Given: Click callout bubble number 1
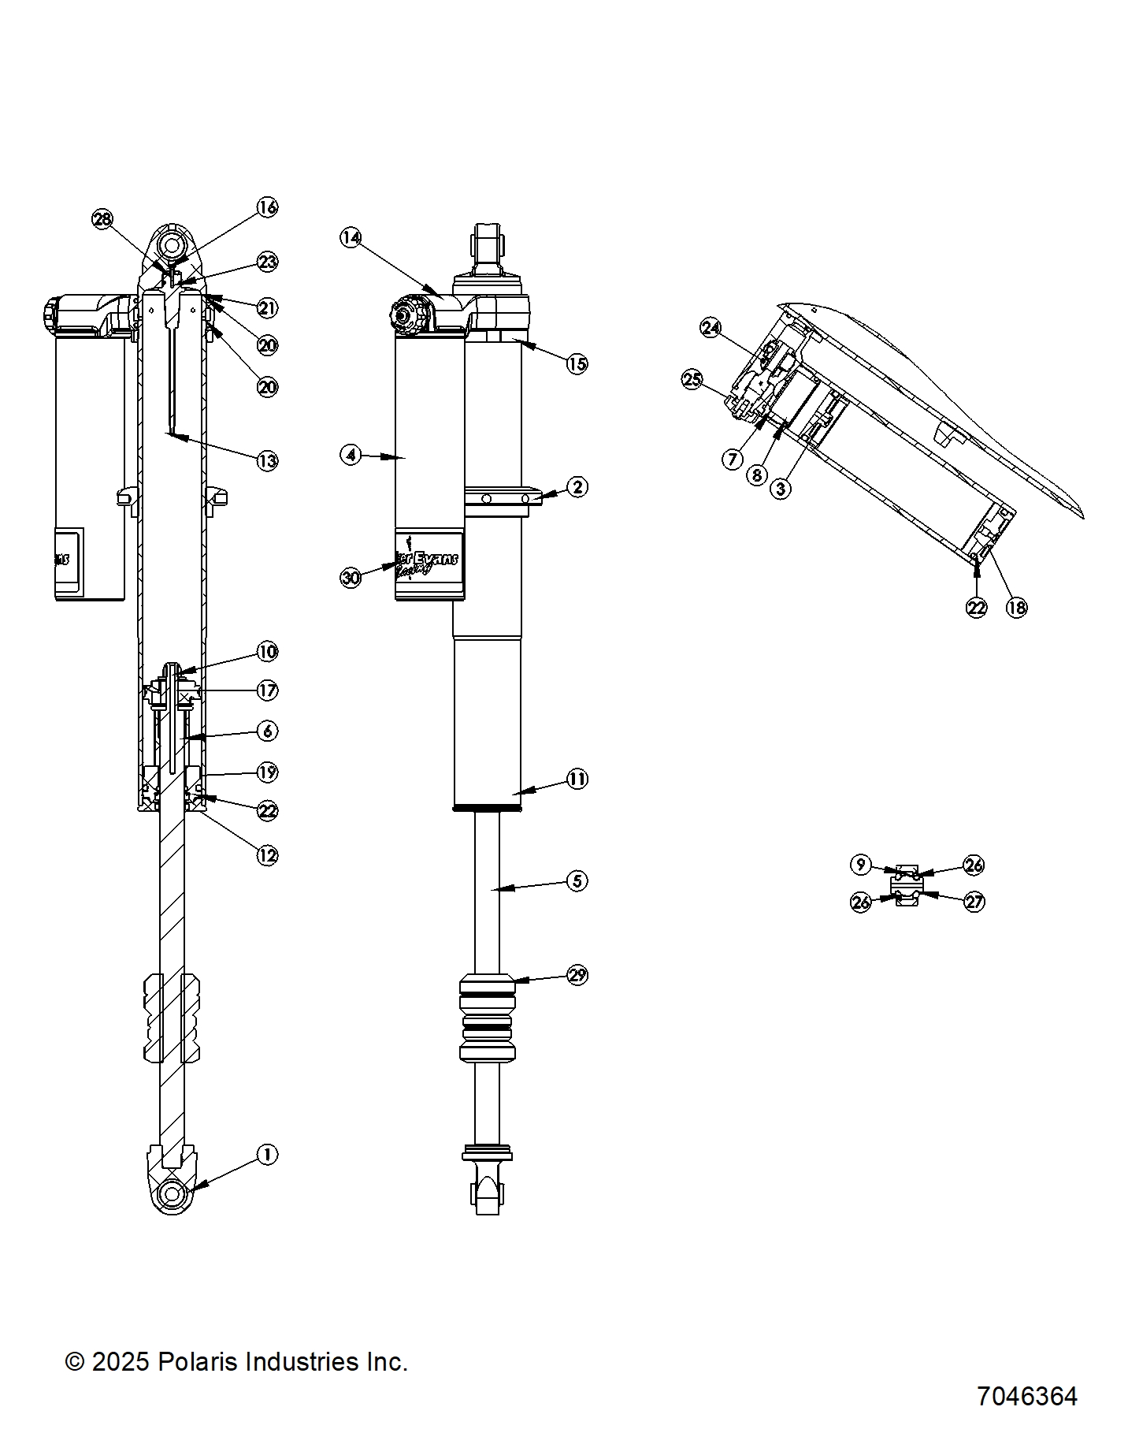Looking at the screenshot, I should coord(267,1155).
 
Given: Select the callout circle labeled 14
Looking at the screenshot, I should coord(351,237).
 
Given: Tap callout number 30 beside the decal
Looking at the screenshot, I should coord(351,578).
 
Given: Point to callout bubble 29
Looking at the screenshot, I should coord(577,975).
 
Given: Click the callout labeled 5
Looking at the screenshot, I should coord(577,880).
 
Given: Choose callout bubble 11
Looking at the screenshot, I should coord(577,780).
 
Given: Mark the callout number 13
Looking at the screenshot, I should coord(268,461).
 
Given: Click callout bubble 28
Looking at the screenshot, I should coord(102,219).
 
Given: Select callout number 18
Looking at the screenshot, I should coord(1017,607).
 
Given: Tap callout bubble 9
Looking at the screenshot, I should coord(860,865).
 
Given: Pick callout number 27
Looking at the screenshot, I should coord(974,901).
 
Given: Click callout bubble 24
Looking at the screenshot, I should coord(711,328).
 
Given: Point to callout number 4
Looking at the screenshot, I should coord(351,455).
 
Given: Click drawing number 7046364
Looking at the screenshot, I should coord(1026,1396).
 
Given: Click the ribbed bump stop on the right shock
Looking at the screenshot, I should coord(487,1017).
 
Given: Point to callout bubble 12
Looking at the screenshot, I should coord(268,855).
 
